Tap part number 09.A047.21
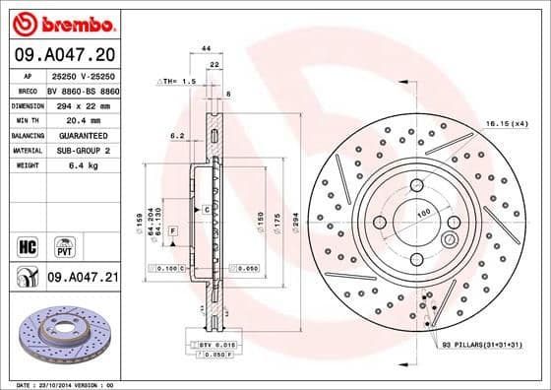click(x=83, y=280)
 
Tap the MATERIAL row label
click(x=27, y=150)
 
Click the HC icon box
click(x=26, y=243)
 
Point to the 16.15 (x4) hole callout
click(x=507, y=123)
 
